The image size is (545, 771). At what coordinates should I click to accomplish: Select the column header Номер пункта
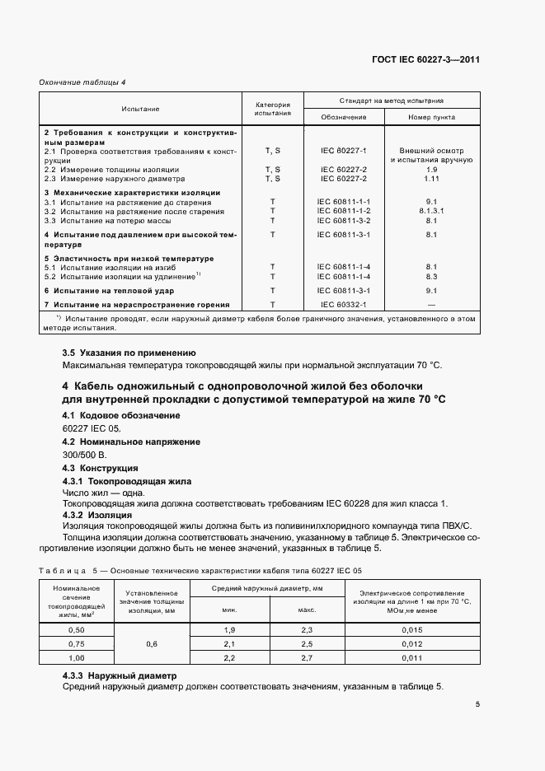click(x=431, y=117)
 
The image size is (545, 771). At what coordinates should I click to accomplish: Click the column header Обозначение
click(x=344, y=117)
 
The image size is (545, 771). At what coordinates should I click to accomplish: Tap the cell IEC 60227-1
click(x=344, y=151)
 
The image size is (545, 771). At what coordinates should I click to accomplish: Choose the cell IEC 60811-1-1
click(x=344, y=202)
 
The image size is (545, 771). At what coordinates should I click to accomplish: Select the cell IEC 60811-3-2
click(x=344, y=221)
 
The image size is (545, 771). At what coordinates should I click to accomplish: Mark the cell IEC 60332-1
click(x=344, y=305)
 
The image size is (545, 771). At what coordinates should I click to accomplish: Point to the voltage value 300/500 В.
click(x=85, y=454)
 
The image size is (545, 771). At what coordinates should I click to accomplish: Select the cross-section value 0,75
click(x=76, y=644)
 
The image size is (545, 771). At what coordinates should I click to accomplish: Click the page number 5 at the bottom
click(x=477, y=704)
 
